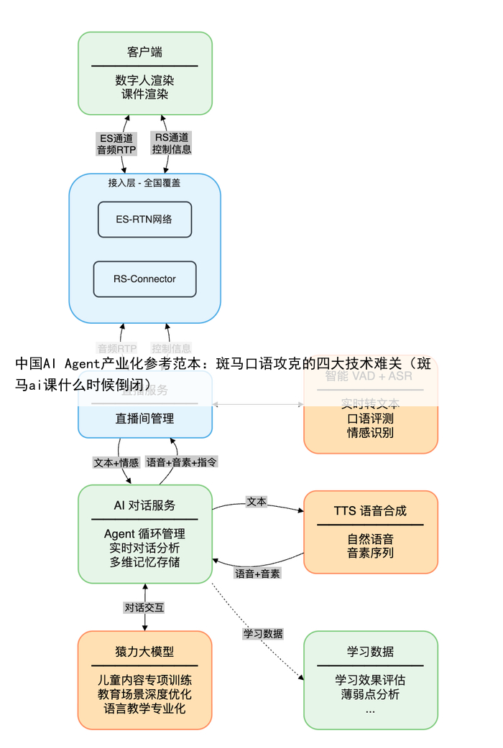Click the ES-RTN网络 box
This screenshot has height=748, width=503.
[144, 220]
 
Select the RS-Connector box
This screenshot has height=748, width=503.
[144, 279]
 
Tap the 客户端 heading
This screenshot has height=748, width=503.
[144, 52]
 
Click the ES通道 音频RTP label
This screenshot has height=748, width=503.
[116, 144]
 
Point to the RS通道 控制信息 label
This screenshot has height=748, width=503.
[172, 144]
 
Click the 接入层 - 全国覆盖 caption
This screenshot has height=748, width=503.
[144, 183]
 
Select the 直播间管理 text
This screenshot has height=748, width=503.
[144, 419]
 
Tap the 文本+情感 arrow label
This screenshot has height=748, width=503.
[116, 463]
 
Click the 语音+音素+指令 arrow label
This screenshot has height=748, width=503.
[182, 463]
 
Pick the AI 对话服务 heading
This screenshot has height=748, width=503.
[144, 505]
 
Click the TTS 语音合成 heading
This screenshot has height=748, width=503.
[370, 510]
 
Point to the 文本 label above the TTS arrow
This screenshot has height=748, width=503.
[257, 501]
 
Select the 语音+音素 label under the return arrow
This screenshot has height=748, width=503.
[258, 574]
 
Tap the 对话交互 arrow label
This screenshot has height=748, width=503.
[144, 607]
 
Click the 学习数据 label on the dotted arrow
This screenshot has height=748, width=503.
[263, 634]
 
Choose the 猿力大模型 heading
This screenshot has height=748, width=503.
[144, 652]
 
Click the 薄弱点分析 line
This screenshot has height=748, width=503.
[370, 694]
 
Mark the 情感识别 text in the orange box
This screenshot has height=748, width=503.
[370, 433]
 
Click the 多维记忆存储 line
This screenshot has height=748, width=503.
[144, 562]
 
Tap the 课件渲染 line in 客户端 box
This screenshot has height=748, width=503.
[144, 94]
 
